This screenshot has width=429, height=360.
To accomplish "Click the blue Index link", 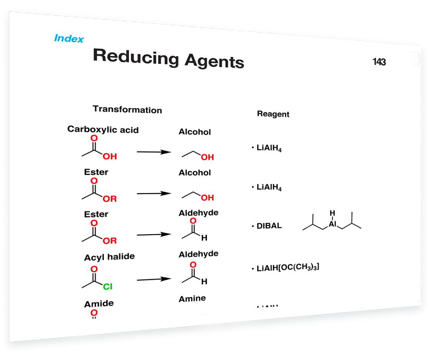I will click(69, 38).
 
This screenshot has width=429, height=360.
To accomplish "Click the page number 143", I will click(379, 62).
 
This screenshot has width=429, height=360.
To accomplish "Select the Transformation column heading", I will click(127, 110).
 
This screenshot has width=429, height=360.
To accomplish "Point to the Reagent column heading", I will click(273, 114).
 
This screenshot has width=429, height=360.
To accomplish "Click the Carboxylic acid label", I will click(103, 129).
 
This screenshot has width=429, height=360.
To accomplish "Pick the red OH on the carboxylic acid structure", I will click(109, 156).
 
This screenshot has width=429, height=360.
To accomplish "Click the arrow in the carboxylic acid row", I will click(153, 152).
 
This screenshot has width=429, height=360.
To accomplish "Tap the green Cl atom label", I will click(108, 286).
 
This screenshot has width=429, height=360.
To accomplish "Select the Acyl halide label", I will click(109, 257).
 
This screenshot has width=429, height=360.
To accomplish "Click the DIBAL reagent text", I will click(269, 226).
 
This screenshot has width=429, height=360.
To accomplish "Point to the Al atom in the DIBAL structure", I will click(332, 224).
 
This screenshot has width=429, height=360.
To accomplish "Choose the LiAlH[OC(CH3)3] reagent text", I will click(287, 267).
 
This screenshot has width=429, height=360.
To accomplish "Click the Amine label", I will click(192, 298).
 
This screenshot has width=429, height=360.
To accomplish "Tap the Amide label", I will click(99, 304).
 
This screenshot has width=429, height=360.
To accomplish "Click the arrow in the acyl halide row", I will click(153, 279).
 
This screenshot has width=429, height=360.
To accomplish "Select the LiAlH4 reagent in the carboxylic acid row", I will click(270, 149).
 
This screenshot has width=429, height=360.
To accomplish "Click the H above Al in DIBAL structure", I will click(332, 213).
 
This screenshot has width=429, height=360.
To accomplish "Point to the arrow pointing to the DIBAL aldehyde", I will click(153, 234).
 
